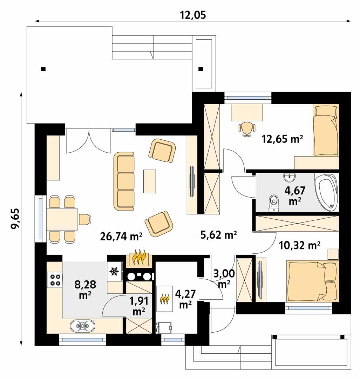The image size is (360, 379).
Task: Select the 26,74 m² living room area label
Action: pos(121,237)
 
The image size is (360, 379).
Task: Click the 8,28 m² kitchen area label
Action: pos(85,289)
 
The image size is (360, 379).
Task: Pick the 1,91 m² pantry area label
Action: pos(139,305)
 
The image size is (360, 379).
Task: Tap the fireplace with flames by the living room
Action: pos(140,258)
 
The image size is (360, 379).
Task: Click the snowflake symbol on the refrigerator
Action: pos(114,271)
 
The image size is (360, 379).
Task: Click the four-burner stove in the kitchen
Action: pos(55,279)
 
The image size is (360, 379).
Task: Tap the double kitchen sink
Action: pos(82,326)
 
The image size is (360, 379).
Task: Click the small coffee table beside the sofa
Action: pos(150,181)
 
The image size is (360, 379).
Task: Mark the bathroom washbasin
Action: pos(290,178)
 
